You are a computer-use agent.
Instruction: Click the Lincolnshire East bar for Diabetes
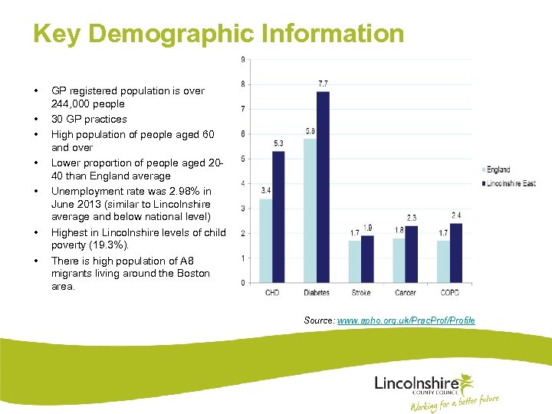(323, 187)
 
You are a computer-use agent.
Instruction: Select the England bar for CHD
(265, 241)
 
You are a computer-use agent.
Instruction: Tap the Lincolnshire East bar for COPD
(456, 253)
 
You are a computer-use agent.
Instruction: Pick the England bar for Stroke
(354, 262)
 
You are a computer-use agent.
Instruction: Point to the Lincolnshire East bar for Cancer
(412, 255)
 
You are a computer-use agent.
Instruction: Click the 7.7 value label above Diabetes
(323, 83)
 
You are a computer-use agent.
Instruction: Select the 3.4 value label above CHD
(265, 190)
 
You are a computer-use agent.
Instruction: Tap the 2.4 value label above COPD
(456, 215)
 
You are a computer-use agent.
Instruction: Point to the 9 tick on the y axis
(243, 60)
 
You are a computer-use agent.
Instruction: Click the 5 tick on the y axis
(243, 159)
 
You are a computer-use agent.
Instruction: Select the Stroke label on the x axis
(360, 293)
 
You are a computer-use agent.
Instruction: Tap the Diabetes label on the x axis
(316, 293)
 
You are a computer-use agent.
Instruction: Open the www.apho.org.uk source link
(406, 320)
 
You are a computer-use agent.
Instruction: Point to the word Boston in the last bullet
(192, 273)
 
